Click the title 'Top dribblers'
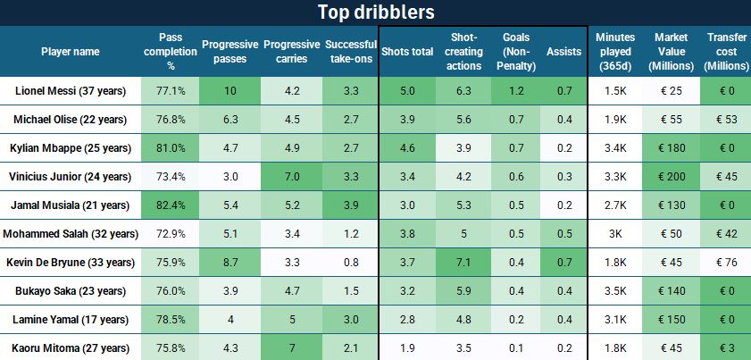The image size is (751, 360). tap(375, 13)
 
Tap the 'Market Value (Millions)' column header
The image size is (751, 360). tap(670, 51)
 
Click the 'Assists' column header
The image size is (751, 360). tap(563, 51)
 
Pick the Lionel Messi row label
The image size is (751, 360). tap(71, 91)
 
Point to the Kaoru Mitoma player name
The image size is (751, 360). tap(71, 347)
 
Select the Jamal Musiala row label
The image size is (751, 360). tap(71, 205)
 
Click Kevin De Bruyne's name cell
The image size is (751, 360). tap(71, 263)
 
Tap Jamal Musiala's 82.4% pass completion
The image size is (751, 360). tap(171, 205)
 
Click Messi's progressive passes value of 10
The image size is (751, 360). tap(230, 91)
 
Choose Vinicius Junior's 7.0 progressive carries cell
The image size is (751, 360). tap(292, 177)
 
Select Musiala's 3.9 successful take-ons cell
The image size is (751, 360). tap(351, 205)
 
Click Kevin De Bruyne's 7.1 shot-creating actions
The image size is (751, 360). tap(463, 263)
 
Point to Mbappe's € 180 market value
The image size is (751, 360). tap(670, 148)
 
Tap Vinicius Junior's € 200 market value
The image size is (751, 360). tap(670, 177)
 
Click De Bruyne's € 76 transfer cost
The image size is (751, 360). tap(723, 263)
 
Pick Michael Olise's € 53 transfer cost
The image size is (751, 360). tap(723, 120)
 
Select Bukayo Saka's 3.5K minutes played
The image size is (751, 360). tap(615, 291)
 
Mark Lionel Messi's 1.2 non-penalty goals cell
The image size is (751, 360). tap(516, 91)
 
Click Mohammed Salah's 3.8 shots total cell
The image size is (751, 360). tap(407, 234)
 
